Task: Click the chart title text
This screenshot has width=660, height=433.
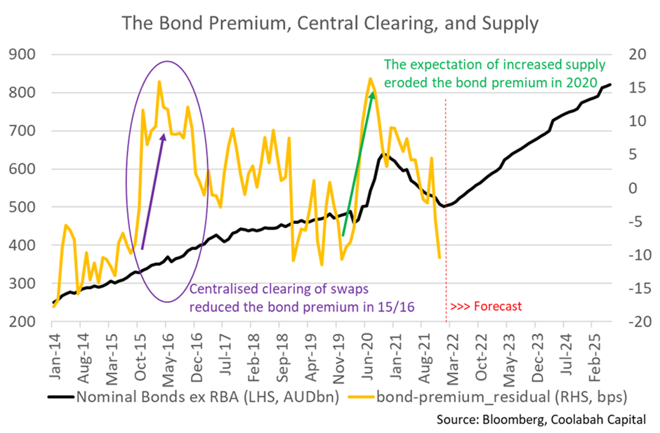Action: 330,23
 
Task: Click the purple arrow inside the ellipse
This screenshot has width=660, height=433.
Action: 153,190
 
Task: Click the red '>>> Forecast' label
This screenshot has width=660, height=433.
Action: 486,306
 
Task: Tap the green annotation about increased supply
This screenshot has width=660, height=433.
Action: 494,74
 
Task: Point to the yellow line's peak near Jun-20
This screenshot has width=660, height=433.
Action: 370,79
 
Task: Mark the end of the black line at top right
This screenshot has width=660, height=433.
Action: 610,85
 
